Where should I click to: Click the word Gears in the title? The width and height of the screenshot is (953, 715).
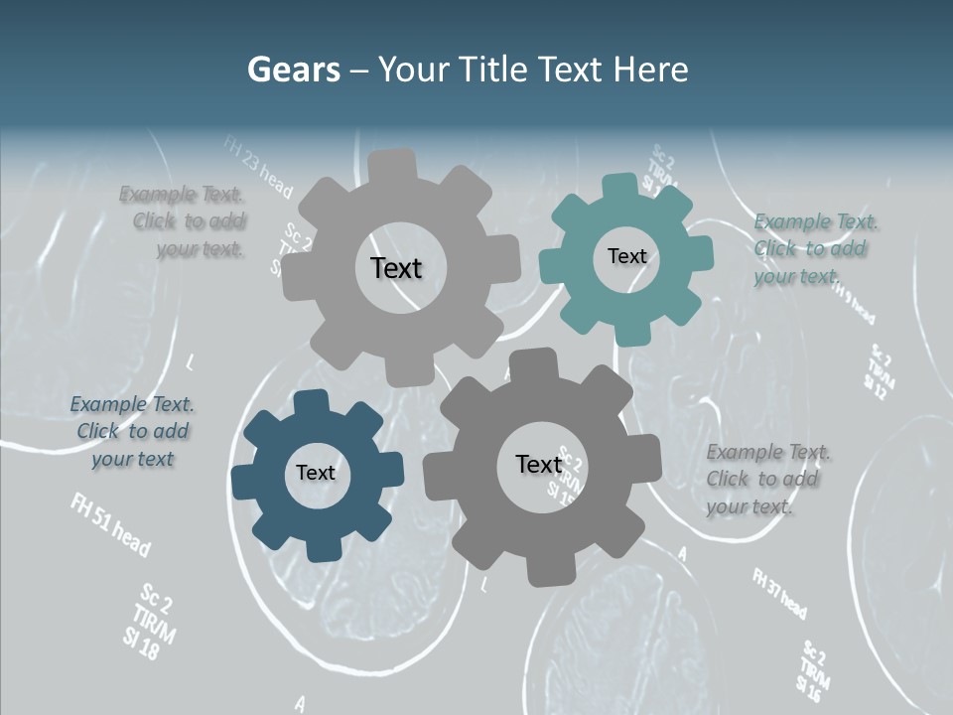(x=293, y=70)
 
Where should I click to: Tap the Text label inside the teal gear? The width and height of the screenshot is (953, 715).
(x=626, y=256)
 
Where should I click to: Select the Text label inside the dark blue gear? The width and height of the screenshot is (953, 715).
(x=316, y=474)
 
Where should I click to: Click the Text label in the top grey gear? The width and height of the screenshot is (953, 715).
(x=396, y=268)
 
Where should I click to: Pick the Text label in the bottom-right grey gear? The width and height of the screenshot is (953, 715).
(x=539, y=465)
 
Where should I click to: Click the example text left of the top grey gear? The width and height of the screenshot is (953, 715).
(x=185, y=221)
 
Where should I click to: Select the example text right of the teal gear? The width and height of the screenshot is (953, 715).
(x=814, y=248)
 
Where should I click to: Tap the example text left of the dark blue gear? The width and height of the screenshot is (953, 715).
(x=133, y=431)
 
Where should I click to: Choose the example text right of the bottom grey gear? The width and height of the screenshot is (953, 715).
(x=766, y=479)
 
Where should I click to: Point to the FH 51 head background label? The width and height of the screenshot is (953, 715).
(x=110, y=524)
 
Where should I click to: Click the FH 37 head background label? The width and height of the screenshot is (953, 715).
(x=779, y=594)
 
